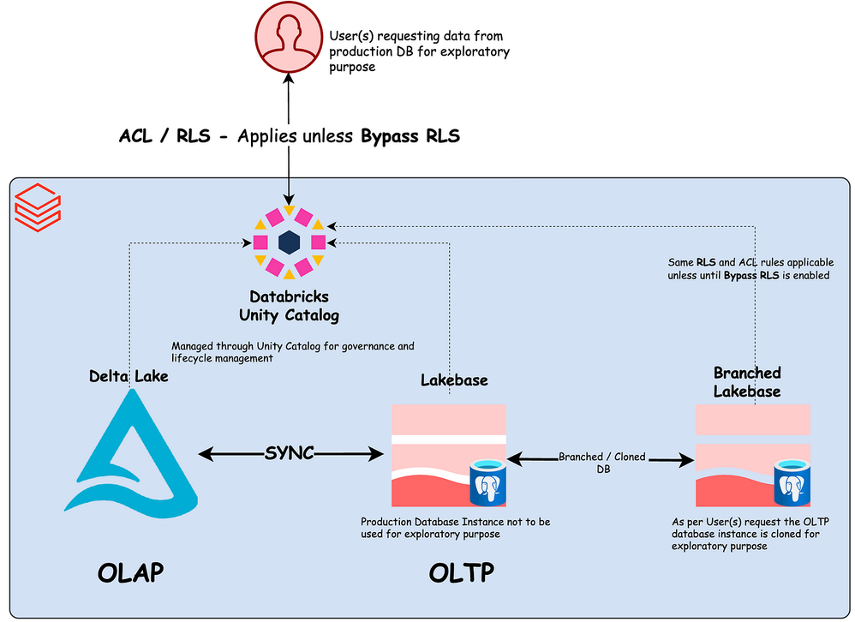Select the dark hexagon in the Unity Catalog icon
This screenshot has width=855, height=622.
click(x=289, y=242)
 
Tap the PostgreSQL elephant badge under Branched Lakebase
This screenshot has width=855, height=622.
click(x=792, y=485)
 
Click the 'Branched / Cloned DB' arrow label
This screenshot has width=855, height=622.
click(x=602, y=463)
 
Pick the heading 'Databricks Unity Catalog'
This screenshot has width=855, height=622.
click(x=289, y=306)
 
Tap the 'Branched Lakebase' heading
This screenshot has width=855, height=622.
click(x=747, y=381)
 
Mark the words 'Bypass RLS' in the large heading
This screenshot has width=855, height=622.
click(x=410, y=135)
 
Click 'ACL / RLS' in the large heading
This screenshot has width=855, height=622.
click(x=164, y=135)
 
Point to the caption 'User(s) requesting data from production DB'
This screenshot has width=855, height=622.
click(x=420, y=51)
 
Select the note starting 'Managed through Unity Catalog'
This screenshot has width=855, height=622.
click(x=293, y=352)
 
